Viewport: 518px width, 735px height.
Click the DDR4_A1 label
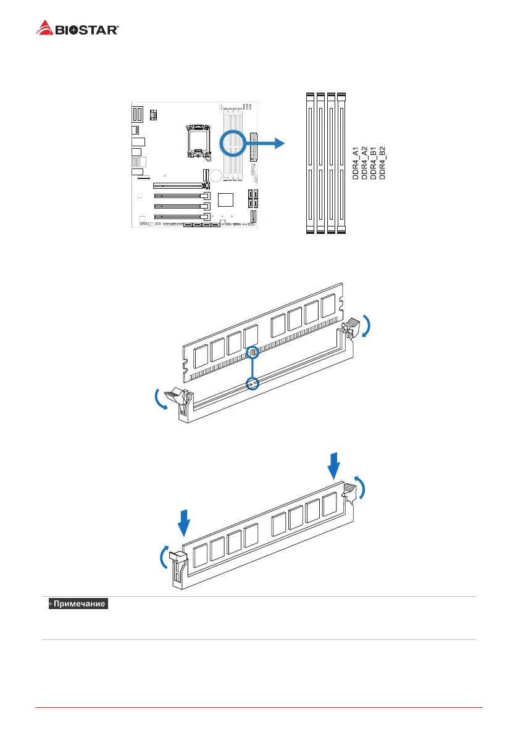point(356,163)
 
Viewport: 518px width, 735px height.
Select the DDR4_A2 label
point(365,163)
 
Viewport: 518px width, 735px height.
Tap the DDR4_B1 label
point(374,163)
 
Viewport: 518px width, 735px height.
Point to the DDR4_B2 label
point(382,163)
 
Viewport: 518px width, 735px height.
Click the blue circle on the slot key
point(252,384)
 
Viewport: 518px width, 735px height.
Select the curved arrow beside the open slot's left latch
point(160,399)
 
